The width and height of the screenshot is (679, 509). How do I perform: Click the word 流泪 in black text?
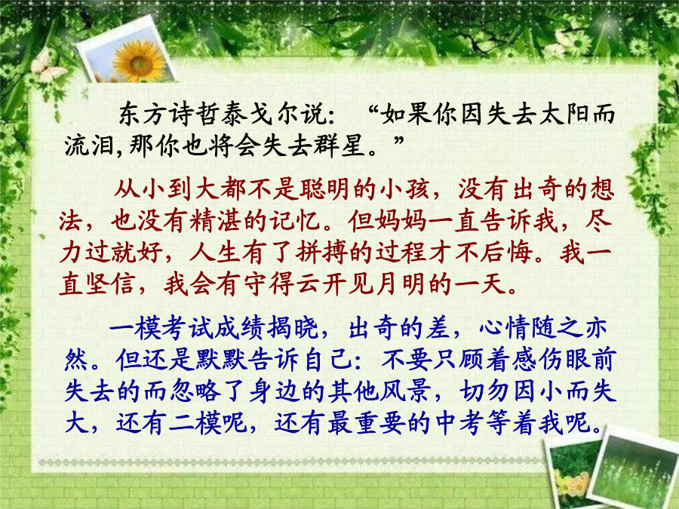pos(89,145)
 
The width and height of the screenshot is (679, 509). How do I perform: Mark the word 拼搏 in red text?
pos(323,251)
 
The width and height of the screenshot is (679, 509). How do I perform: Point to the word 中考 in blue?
pos(460,422)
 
